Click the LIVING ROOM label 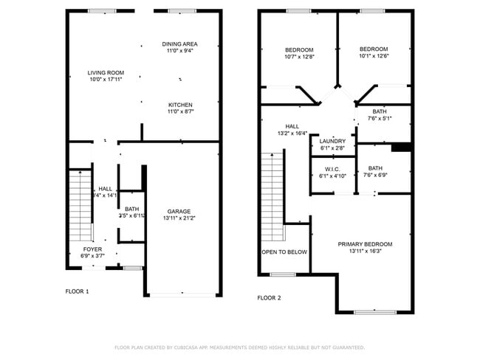(x=106, y=72)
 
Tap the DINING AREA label (x=180, y=44)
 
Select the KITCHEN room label (x=180, y=105)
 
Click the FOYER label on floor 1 (x=92, y=249)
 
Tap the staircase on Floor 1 (x=80, y=206)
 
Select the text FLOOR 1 (x=77, y=291)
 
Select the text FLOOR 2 (x=269, y=298)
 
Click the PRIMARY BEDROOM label (x=365, y=244)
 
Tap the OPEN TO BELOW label (x=284, y=252)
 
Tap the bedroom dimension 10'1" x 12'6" (x=374, y=55)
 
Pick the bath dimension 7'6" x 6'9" (x=376, y=176)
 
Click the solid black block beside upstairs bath (x=401, y=148)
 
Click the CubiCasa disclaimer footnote (x=239, y=347)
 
